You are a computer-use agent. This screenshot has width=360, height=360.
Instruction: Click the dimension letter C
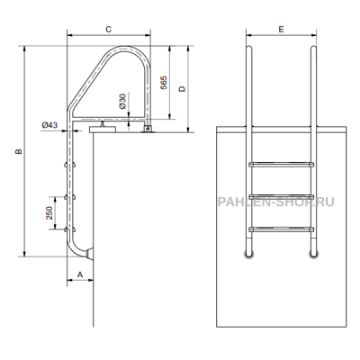109,29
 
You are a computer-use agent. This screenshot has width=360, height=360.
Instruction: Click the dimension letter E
281,29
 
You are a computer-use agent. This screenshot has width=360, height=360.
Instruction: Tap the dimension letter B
19,151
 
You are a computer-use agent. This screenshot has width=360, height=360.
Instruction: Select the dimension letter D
183,89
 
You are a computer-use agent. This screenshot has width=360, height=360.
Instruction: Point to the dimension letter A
80,274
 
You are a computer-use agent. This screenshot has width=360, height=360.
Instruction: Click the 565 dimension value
164,83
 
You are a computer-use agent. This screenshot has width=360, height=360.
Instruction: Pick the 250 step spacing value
49,212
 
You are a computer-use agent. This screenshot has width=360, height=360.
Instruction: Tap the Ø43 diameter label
49,125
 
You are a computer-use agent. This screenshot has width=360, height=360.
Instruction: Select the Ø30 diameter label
122,101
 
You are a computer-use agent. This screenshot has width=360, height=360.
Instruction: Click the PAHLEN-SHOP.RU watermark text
275,202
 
